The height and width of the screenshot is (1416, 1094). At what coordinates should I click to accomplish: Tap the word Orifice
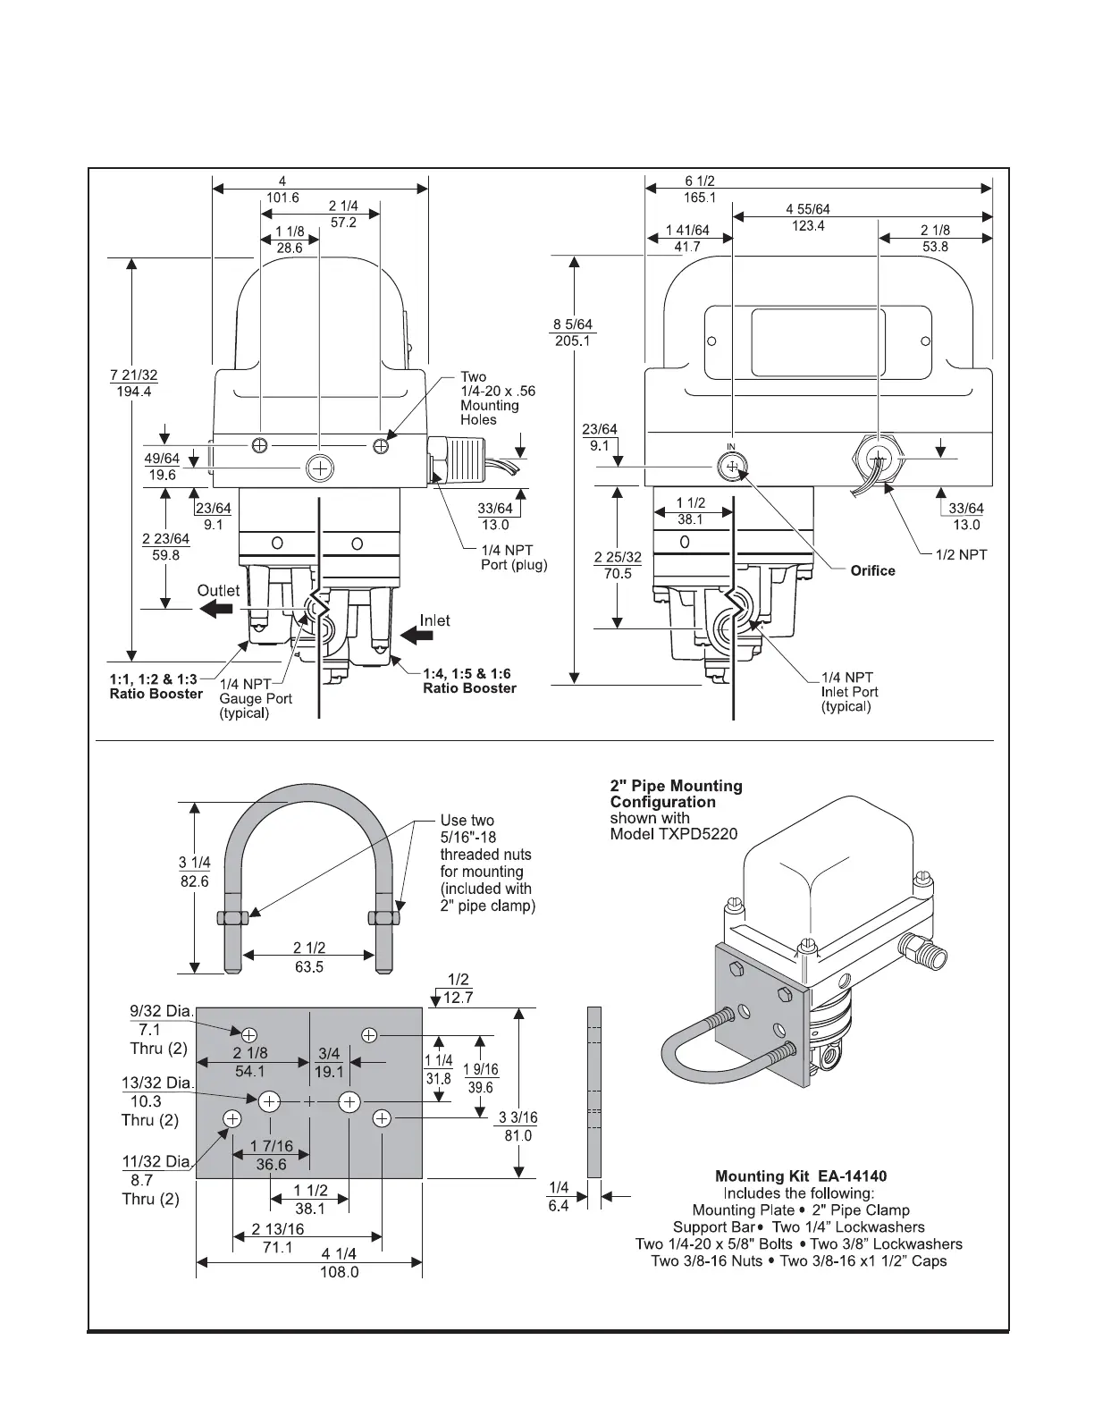(872, 570)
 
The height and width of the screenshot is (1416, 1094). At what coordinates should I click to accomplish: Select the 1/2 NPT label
(962, 554)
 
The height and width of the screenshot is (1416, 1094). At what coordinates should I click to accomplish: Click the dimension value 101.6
(282, 198)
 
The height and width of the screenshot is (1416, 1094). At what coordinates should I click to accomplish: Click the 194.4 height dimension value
(134, 392)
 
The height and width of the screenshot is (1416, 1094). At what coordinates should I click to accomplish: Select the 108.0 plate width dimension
(340, 1271)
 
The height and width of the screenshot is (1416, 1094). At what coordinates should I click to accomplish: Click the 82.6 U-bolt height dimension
(195, 881)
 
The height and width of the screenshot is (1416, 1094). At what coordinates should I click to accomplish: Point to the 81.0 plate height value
(518, 1135)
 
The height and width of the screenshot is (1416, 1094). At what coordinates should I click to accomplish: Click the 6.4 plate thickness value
(558, 1205)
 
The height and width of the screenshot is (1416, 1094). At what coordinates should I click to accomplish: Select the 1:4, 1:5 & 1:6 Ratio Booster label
(469, 680)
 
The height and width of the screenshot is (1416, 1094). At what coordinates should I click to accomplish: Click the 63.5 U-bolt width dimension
(309, 966)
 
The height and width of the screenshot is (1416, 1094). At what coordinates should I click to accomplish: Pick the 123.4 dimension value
(808, 226)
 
